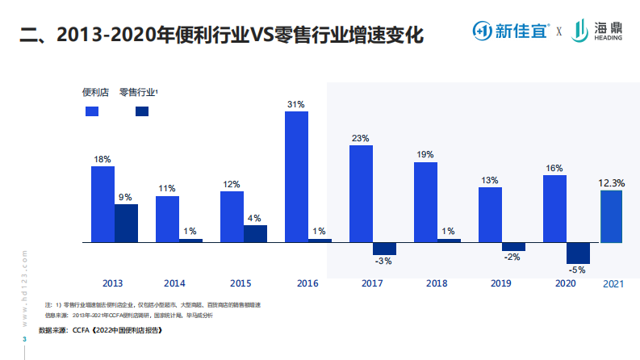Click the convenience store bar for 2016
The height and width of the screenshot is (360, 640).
[x=296, y=177]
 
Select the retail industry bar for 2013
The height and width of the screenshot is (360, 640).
[x=126, y=223]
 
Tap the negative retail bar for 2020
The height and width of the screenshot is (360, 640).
[x=578, y=253]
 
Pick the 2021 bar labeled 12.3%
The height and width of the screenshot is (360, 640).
[x=611, y=216]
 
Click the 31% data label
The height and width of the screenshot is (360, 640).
[x=296, y=104]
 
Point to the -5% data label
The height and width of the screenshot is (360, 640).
[x=578, y=270]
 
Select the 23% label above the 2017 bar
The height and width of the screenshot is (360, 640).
[x=360, y=138]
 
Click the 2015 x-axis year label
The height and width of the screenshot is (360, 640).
[x=241, y=283]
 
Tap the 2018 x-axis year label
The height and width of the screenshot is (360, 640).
[x=436, y=283]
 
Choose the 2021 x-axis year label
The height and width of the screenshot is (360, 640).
[x=614, y=284]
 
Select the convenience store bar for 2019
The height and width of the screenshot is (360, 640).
[x=490, y=215]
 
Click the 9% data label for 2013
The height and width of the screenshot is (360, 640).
[x=126, y=197]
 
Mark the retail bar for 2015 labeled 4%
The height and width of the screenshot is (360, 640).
[x=255, y=233]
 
